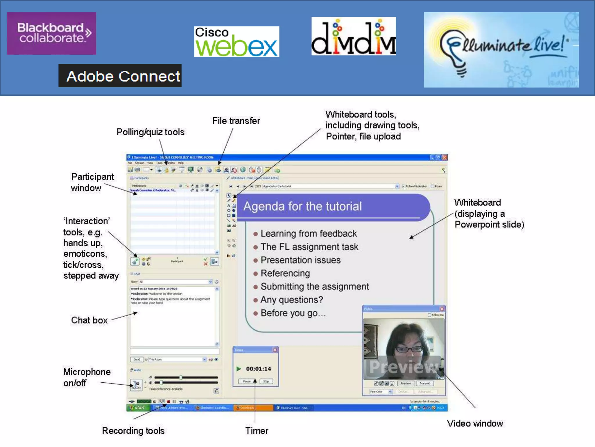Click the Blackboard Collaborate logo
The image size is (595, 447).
point(51,33)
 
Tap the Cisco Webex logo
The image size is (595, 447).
point(236,42)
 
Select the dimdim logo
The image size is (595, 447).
point(354,36)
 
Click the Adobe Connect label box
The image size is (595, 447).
point(120,76)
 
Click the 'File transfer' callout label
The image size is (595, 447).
point(236,121)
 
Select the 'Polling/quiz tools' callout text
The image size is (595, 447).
point(150,132)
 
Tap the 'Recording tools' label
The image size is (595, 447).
point(133,431)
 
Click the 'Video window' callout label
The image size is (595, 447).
point(475,423)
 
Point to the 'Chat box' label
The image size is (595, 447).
point(89,320)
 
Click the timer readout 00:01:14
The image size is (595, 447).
point(258,369)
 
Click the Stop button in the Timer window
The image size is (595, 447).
point(266,381)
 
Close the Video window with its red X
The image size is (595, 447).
point(442,309)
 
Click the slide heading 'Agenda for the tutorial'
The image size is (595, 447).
point(302,206)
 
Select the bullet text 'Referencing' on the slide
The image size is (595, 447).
point(285,273)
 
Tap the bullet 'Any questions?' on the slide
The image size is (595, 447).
point(291,300)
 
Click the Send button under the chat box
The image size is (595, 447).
point(137,359)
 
